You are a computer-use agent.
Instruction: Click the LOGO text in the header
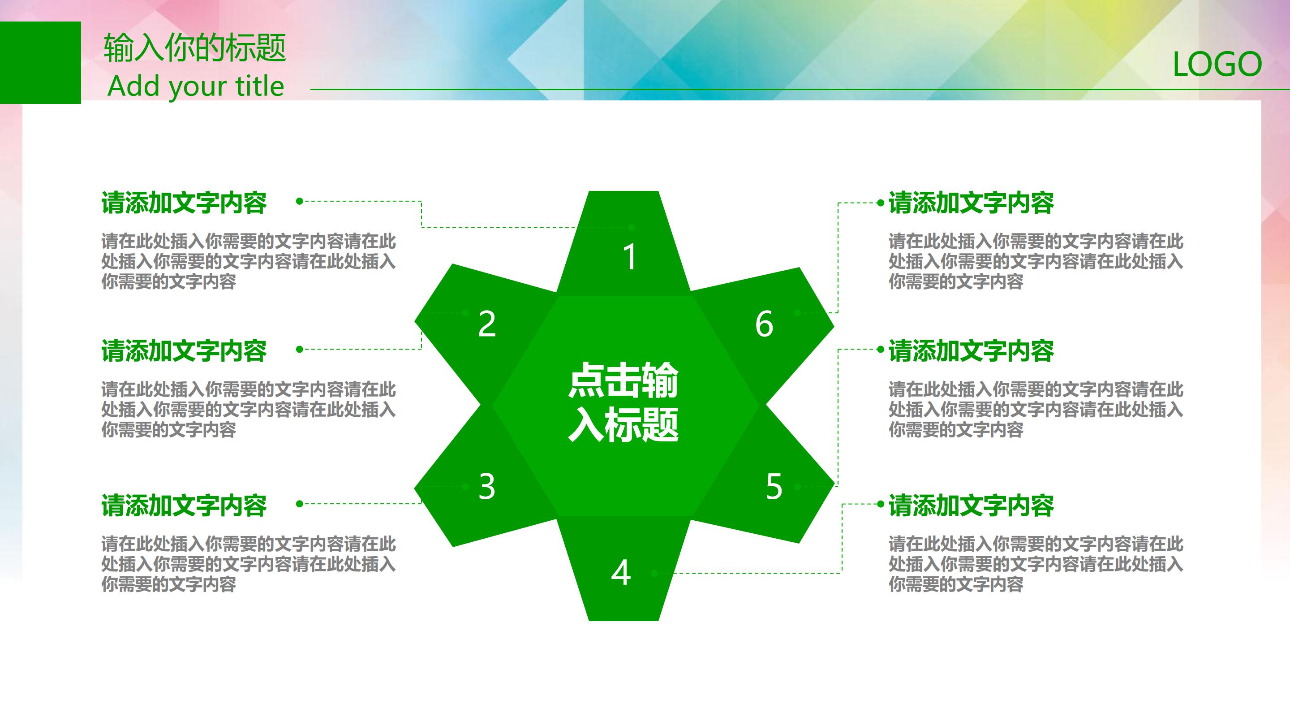click(x=1217, y=65)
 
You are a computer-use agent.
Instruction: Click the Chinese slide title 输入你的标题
click(x=195, y=48)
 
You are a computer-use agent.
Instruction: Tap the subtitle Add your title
click(x=196, y=86)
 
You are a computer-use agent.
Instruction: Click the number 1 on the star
click(x=629, y=258)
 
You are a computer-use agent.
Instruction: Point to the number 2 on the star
click(x=487, y=324)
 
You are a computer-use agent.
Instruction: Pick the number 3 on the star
click(x=487, y=486)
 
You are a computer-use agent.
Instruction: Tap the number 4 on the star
click(x=621, y=573)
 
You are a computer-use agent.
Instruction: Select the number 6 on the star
click(x=764, y=324)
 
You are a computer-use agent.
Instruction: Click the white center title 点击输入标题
click(x=623, y=402)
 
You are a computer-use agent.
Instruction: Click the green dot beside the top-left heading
click(x=300, y=201)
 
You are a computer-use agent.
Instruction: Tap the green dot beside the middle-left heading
click(x=300, y=349)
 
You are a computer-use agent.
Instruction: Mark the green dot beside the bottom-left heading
click(x=300, y=504)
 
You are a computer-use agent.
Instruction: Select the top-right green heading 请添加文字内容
click(x=971, y=203)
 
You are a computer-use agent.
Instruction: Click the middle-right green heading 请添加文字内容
click(x=971, y=351)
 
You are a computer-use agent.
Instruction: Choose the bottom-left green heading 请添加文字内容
click(x=184, y=506)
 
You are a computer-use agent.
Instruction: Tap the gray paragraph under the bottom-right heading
click(x=1036, y=564)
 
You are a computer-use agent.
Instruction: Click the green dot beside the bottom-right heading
click(x=880, y=504)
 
